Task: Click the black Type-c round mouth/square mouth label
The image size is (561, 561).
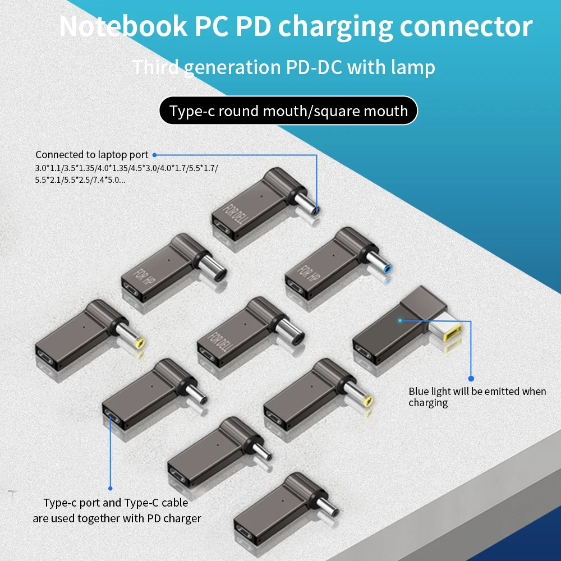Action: pyautogui.click(x=288, y=111)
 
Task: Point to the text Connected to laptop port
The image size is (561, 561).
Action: pyautogui.click(x=92, y=154)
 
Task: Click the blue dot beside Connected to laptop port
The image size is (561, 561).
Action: pyautogui.click(x=155, y=154)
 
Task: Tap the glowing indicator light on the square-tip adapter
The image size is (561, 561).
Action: pyautogui.click(x=400, y=320)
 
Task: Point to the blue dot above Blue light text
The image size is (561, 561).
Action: pyautogui.click(x=471, y=379)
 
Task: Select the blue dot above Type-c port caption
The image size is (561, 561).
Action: pyautogui.click(x=110, y=489)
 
